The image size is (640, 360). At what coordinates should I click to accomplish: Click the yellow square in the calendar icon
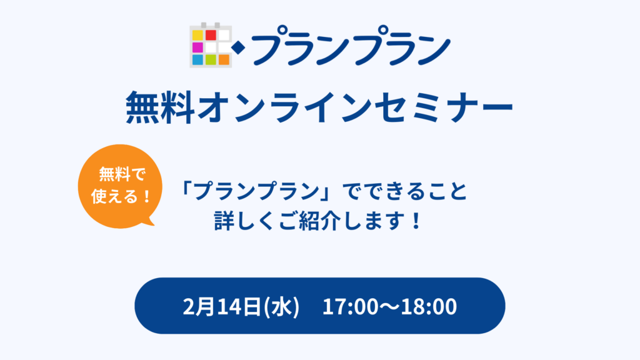pos(197,36)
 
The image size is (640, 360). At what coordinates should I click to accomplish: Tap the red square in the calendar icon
pos(211,36)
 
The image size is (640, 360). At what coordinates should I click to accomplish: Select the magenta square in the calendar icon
pos(197,47)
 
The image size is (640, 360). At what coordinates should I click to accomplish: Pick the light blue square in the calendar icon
pos(197,60)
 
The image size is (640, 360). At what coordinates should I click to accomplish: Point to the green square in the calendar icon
pos(211,60)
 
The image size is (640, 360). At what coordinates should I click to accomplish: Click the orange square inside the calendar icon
pos(224,60)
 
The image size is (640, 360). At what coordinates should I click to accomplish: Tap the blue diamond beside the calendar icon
pos(238,48)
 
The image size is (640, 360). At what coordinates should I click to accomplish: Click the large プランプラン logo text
pos(351,46)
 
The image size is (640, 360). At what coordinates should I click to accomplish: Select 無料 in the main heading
pos(161,107)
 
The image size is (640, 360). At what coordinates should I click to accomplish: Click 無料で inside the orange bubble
pos(122,175)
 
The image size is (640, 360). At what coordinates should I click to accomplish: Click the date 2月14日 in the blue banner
pos(222,307)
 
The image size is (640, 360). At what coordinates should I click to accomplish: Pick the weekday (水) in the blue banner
pos(282,307)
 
